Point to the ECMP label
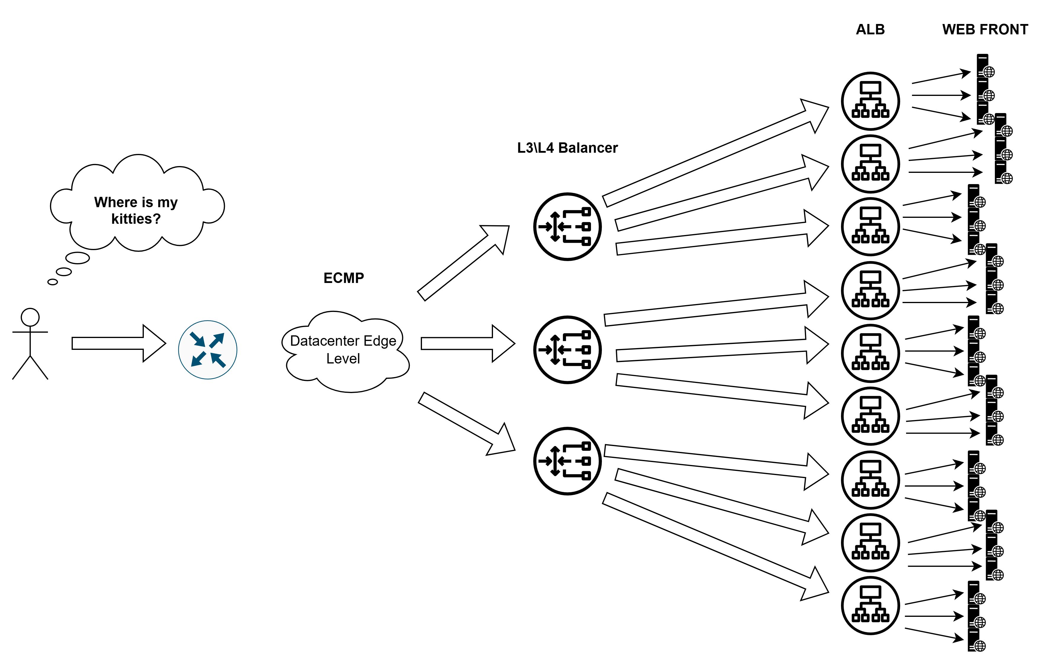click(x=343, y=278)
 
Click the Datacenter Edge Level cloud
click(x=343, y=350)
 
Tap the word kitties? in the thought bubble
click(x=136, y=218)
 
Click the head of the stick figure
click(x=30, y=317)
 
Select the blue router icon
click(x=207, y=350)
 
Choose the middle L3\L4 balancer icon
click(x=567, y=350)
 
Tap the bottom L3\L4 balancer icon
click(x=567, y=461)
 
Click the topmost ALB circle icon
click(x=870, y=101)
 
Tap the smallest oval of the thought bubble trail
click(x=53, y=282)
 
